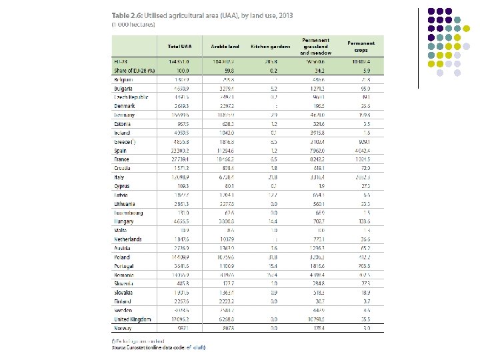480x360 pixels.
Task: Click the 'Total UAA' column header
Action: [179, 46]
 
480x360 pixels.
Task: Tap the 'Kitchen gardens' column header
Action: [270, 46]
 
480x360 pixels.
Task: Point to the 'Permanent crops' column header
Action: [361, 46]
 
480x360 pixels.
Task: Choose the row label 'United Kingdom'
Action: [133, 319]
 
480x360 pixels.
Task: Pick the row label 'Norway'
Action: [123, 328]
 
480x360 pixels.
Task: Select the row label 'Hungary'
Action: [124, 221]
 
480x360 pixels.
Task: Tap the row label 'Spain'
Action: [121, 151]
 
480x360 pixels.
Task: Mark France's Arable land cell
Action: [226, 159]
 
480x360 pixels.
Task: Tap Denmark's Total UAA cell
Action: [180, 106]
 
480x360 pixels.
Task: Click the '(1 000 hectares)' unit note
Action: [133, 24]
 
